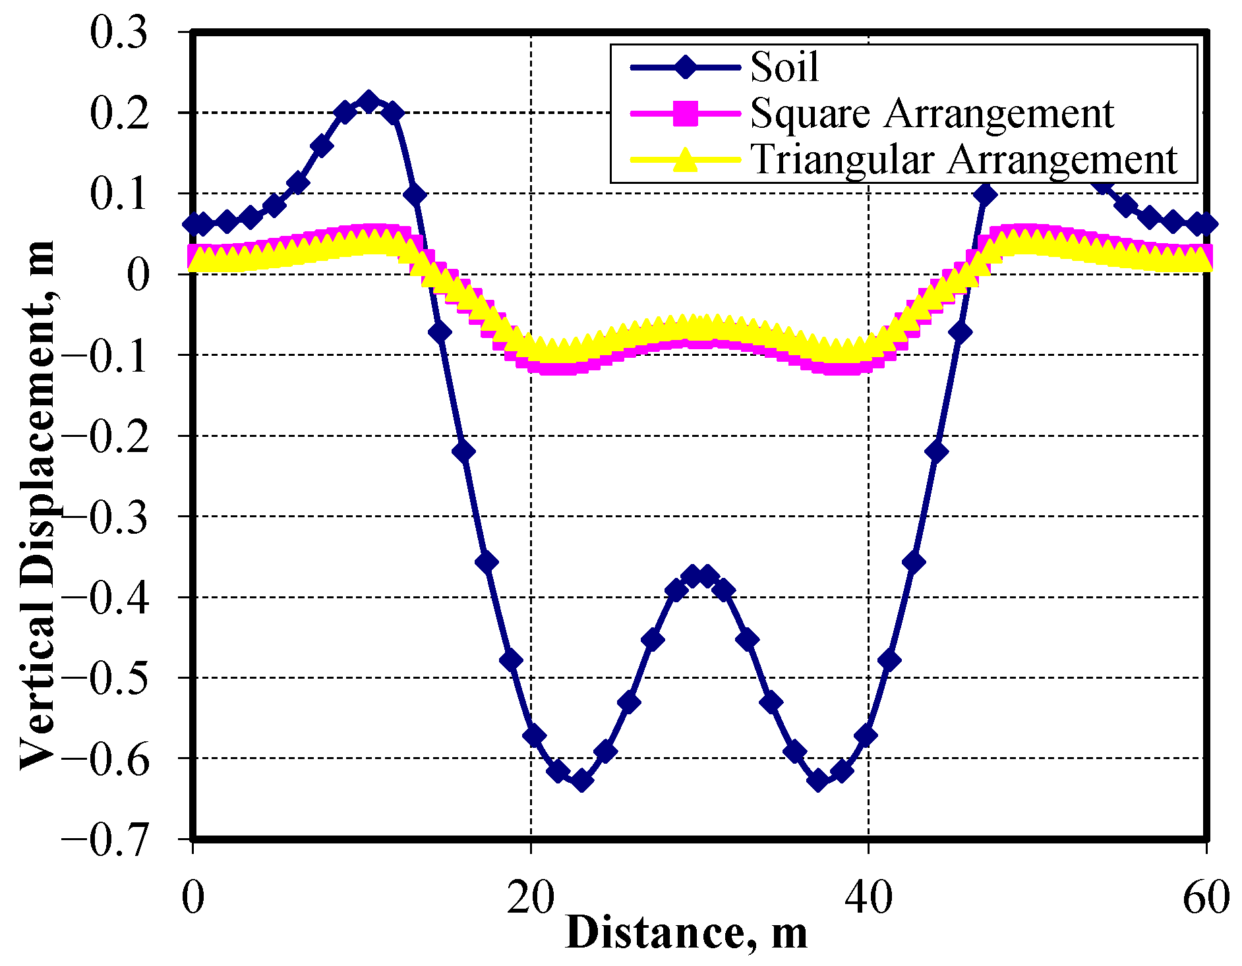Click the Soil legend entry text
[784, 67]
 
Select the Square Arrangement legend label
[931, 113]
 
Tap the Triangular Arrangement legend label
[963, 159]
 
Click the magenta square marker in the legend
[686, 113]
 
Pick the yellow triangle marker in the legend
[686, 159]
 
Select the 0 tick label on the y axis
[138, 275]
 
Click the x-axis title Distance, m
[686, 933]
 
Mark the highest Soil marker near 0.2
[369, 102]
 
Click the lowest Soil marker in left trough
[581, 781]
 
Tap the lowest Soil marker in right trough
[818, 781]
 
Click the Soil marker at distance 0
[193, 225]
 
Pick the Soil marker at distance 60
[1206, 225]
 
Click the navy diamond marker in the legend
[686, 67]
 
